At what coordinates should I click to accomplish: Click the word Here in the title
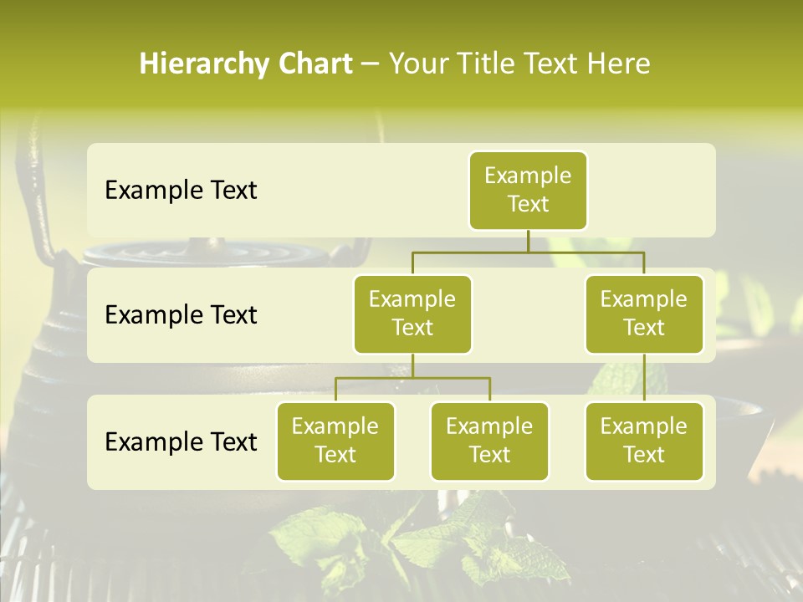[x=618, y=64]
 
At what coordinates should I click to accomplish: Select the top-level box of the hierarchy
[x=528, y=190]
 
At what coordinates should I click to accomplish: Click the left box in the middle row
[x=412, y=314]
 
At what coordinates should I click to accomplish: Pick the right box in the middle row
[x=644, y=314]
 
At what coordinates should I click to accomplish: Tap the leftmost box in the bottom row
[x=335, y=441]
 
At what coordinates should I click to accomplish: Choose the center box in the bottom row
[x=489, y=441]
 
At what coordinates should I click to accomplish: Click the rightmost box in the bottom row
[x=644, y=441]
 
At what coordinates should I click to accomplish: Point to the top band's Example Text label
[x=181, y=191]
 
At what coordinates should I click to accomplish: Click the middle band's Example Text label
[x=181, y=315]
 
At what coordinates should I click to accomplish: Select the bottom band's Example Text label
[x=181, y=441]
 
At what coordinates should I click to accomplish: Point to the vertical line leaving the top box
[x=528, y=241]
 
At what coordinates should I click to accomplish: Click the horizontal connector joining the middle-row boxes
[x=528, y=252]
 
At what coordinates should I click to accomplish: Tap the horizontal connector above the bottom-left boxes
[x=412, y=378]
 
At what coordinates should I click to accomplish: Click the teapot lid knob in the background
[x=217, y=246]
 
